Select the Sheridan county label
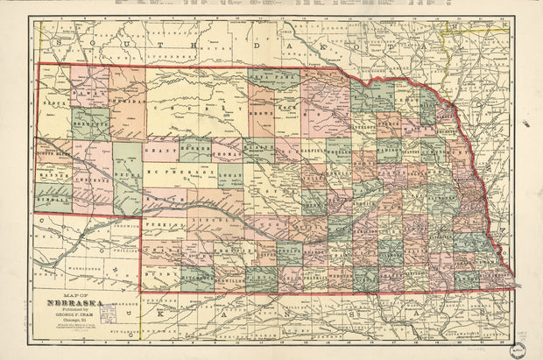(127, 102)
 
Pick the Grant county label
(159, 150)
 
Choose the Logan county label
(229, 173)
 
